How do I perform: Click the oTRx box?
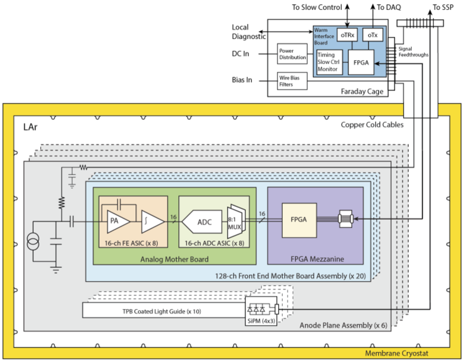(x=347, y=35)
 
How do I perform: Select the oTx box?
(x=373, y=35)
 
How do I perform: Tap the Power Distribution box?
(x=293, y=54)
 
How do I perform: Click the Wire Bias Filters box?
(x=293, y=81)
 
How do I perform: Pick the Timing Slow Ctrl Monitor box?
(x=329, y=62)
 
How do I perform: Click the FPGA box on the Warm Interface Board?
(x=361, y=62)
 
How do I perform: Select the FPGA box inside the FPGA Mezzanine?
(x=299, y=220)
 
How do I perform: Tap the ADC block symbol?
(x=202, y=222)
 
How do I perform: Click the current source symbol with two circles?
(x=33, y=241)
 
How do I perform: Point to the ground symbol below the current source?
(x=56, y=269)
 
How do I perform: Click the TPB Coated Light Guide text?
(x=161, y=311)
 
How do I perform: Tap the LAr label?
(x=30, y=127)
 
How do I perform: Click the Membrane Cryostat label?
(x=396, y=353)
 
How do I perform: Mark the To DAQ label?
(x=389, y=7)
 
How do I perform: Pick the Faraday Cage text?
(x=362, y=92)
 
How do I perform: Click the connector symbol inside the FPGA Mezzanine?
(x=345, y=219)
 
